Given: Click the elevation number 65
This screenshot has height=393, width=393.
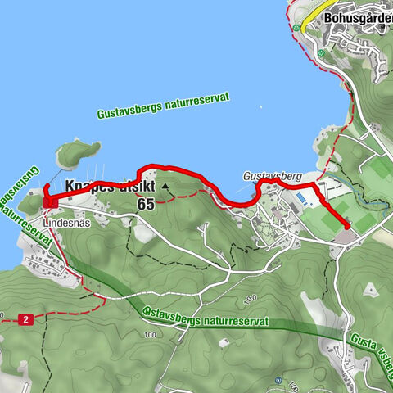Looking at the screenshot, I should click(x=146, y=204).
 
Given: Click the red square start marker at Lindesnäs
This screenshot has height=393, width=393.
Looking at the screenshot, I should click(x=47, y=201).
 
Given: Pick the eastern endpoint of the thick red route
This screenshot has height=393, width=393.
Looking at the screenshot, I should click(x=348, y=226).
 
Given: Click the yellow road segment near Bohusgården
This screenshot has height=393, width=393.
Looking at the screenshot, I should click(x=306, y=22).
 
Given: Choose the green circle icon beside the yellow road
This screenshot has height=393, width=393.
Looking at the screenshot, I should click(x=296, y=27).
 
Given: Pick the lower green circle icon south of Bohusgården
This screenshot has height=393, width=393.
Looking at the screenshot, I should click(x=322, y=54).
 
